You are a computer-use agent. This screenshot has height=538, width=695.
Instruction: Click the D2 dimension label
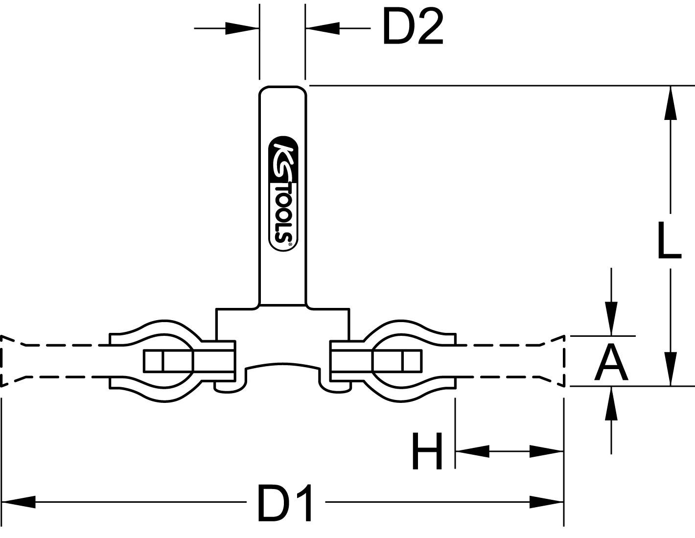[x=412, y=28]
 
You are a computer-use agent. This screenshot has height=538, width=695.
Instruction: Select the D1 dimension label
[x=285, y=503]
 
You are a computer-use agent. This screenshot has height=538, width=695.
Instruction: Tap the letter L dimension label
[x=669, y=240]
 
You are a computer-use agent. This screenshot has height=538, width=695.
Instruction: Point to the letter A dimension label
[x=610, y=363]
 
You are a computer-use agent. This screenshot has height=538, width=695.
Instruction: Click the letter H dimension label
[x=427, y=451]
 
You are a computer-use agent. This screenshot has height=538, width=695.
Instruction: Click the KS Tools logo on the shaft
[x=283, y=194]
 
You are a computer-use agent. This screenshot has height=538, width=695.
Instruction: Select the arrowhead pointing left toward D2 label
[x=323, y=28]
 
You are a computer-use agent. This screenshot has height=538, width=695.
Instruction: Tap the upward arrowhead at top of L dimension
[x=671, y=103]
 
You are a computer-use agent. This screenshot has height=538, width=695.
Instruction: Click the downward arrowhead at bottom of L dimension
[x=671, y=368]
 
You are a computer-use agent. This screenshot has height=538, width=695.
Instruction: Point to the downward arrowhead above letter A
[x=611, y=319]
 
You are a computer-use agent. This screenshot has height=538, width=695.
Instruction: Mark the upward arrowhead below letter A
[x=611, y=404]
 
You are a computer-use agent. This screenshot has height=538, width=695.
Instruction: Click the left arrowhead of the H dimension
[x=472, y=451]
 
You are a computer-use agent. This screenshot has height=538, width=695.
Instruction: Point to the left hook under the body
[x=229, y=387]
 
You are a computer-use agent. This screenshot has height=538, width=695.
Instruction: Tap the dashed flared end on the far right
[x=556, y=361]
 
